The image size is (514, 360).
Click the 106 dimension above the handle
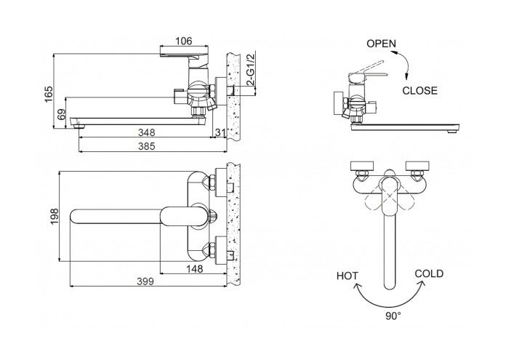point(183,41)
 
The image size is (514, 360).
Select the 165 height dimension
point(49,94)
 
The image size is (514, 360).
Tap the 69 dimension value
point(62,115)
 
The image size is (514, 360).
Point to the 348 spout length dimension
point(147,133)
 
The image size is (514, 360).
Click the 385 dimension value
point(147,146)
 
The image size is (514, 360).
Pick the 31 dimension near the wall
point(220,133)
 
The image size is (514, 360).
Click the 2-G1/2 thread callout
point(251,69)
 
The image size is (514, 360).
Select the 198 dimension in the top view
point(54,217)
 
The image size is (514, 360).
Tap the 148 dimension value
point(195,269)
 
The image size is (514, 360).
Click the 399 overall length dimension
point(145,281)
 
